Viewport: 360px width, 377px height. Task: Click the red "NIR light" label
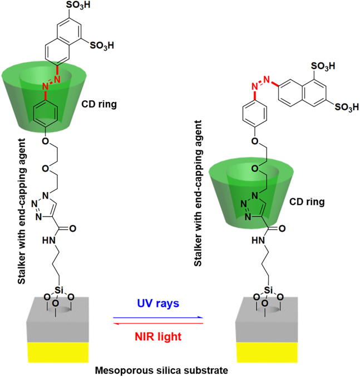coord(158,336)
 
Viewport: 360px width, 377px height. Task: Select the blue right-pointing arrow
coord(158,317)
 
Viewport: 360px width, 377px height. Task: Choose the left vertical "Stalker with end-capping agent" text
coord(22,212)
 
